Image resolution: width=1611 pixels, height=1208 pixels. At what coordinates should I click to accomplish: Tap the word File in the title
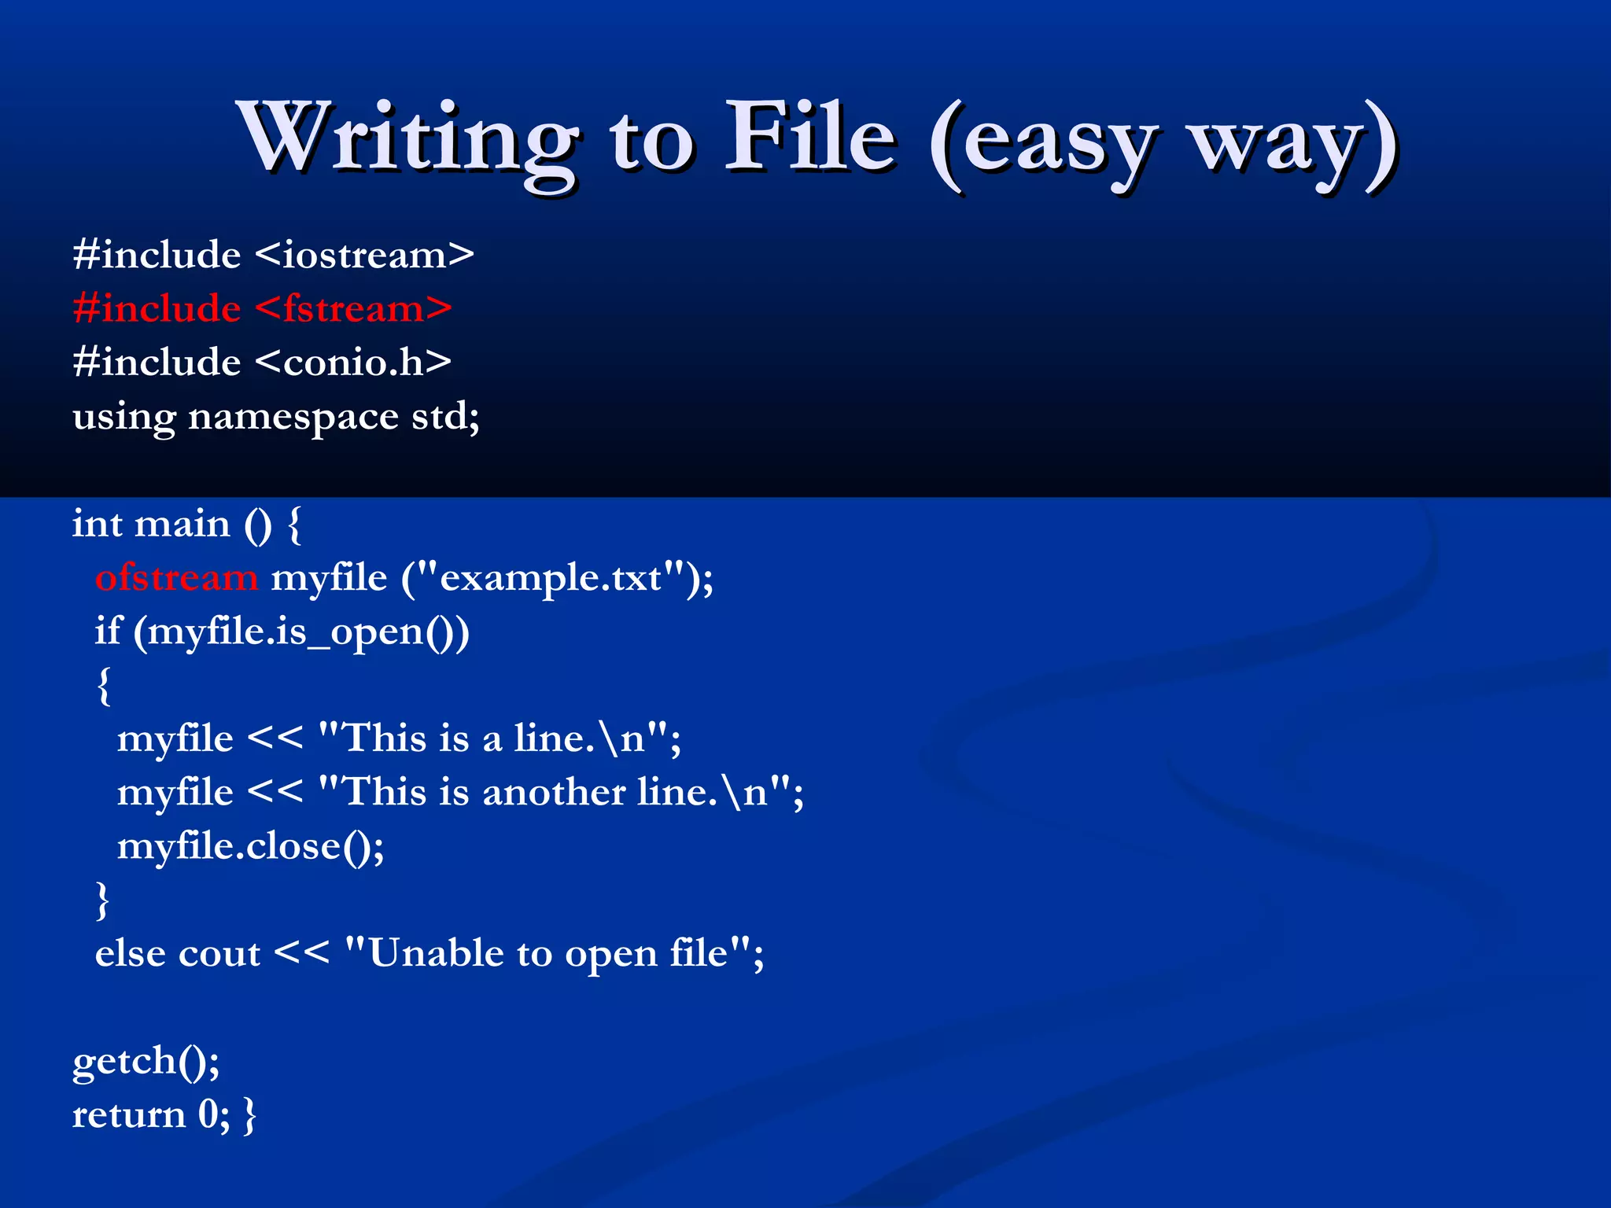pos(810,138)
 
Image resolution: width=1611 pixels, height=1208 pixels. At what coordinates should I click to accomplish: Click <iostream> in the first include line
pos(365,256)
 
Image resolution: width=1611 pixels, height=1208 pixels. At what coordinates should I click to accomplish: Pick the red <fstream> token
pos(353,309)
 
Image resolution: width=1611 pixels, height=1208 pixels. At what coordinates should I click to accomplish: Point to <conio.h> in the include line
pos(353,363)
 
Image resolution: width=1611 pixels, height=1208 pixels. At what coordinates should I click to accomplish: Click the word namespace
pos(293,417)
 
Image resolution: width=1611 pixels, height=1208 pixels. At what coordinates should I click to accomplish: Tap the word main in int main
pos(182,524)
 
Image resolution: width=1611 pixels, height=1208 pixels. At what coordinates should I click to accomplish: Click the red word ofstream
pos(176,578)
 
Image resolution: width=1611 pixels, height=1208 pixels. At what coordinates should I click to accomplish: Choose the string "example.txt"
pos(551,578)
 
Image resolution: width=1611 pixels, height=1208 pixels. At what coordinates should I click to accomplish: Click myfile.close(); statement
pos(250,846)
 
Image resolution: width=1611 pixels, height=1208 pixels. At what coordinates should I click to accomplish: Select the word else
pos(130,954)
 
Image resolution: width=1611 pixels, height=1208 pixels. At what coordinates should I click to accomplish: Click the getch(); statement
pos(146,1062)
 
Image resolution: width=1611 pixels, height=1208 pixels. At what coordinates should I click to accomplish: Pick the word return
pos(129,1115)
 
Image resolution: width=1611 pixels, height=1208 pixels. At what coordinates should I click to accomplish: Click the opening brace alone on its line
pos(104,686)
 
